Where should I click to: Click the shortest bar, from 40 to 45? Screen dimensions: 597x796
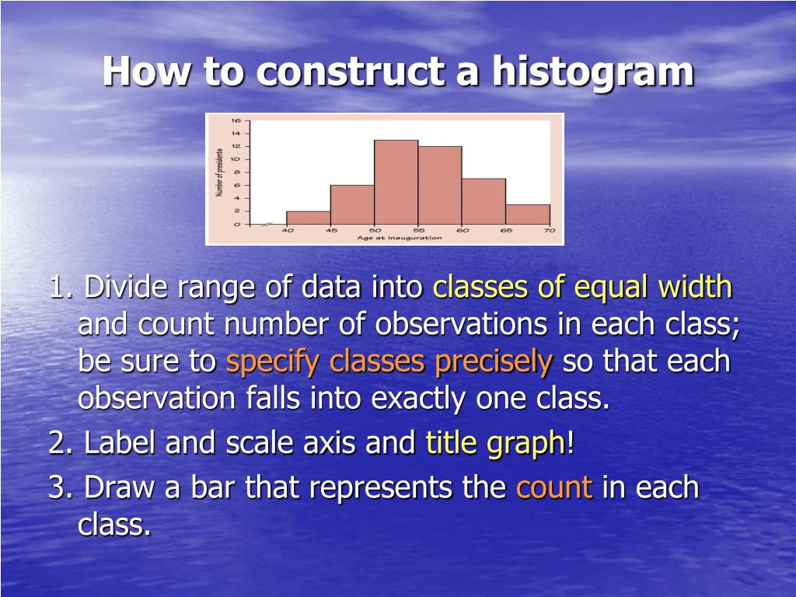308,218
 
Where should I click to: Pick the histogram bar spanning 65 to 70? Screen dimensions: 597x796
527,215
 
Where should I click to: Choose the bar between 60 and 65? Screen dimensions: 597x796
484,201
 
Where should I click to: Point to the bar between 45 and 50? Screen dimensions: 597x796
351,204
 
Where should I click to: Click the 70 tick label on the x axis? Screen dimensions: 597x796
549,231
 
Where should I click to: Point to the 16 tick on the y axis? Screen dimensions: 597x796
236,120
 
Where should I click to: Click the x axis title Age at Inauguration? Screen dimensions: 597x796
400,238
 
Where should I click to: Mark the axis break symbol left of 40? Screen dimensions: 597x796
267,224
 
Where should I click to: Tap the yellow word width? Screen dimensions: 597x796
695,288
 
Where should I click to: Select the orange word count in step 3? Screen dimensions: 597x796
554,488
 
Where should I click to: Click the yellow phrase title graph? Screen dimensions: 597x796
495,444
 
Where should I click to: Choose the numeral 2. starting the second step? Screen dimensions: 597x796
61,444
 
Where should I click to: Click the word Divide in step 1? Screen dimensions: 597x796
127,288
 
